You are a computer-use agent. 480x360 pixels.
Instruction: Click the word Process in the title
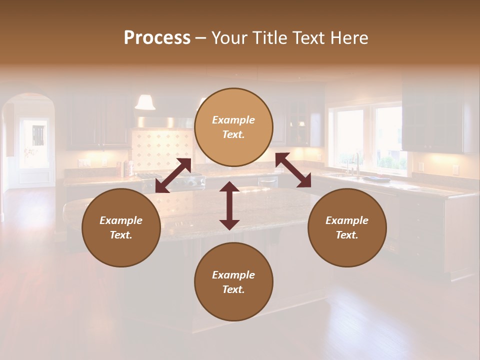[157, 38]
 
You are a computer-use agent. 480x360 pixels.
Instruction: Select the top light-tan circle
[233, 127]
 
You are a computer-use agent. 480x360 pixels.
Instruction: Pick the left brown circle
[121, 227]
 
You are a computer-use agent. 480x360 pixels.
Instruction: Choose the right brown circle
[347, 227]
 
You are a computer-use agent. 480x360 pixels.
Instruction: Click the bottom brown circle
[233, 281]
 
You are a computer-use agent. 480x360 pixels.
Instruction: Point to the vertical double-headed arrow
[229, 205]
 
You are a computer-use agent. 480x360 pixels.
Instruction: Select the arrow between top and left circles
[173, 175]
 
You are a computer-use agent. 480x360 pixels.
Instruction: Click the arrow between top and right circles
[293, 170]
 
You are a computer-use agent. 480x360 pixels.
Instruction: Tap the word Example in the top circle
[233, 120]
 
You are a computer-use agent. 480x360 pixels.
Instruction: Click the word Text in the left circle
[121, 235]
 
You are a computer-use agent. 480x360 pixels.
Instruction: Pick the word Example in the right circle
[347, 220]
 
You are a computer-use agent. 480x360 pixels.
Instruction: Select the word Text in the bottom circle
[233, 289]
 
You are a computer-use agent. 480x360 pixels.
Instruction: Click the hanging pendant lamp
[145, 102]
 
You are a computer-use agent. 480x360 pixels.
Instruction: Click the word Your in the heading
[230, 38]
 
